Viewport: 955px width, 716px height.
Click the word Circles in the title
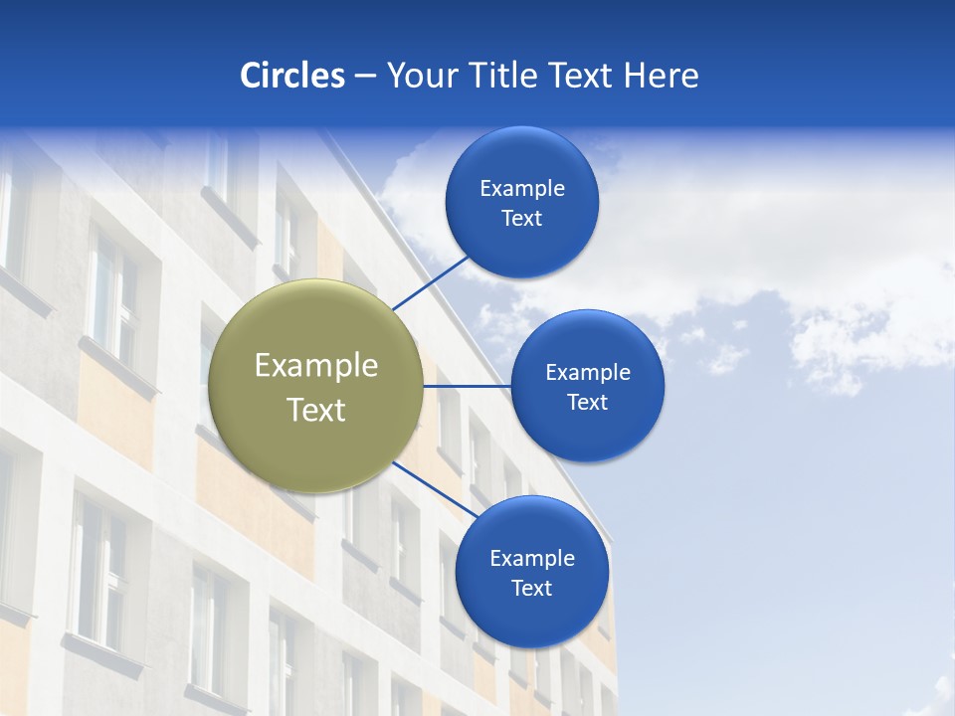pos(292,76)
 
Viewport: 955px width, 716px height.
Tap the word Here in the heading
pos(661,76)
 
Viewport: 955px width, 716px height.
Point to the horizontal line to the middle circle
pos(467,386)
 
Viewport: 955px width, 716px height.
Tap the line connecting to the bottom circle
pos(428,487)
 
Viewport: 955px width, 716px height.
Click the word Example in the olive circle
pos(316,366)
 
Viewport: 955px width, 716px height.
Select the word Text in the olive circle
pos(316,410)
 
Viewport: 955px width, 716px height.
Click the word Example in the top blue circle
pos(521,189)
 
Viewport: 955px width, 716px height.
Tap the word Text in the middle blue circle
pos(587,403)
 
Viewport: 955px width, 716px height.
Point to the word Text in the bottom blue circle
pos(531,589)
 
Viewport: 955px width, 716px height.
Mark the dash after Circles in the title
pos(365,77)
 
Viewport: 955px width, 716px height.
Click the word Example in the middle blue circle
pos(587,373)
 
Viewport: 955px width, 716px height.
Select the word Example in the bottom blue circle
pos(531,559)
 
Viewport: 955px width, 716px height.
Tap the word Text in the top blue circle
pos(521,219)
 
